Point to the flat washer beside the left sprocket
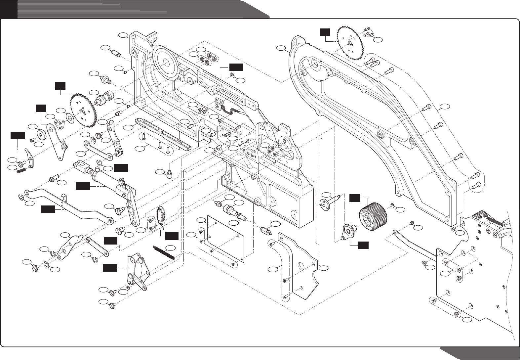point(69,117)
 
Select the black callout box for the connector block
point(172,236)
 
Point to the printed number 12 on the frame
point(247,154)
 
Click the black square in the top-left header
point(9,9)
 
